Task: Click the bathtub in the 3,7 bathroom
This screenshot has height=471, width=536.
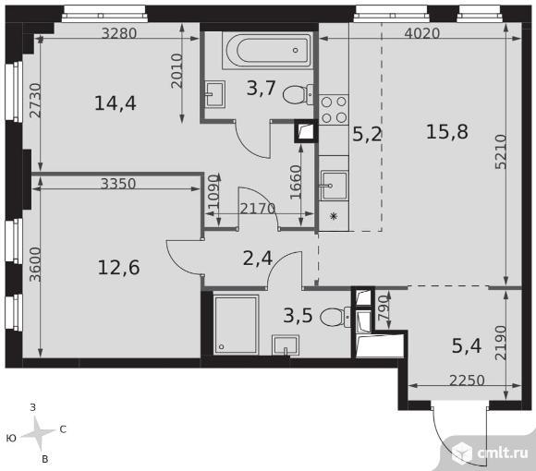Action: (267, 51)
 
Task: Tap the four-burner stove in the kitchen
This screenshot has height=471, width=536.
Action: (334, 110)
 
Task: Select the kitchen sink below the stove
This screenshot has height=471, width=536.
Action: (334, 186)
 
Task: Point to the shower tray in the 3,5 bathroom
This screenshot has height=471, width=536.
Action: (237, 325)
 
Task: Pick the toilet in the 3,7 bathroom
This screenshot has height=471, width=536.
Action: (298, 94)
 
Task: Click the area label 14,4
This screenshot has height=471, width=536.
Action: (116, 103)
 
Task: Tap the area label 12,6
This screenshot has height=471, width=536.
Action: (118, 268)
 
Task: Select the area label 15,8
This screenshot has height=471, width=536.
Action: (446, 132)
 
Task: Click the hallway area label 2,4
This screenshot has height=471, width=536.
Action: (258, 259)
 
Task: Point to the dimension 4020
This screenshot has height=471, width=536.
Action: (421, 33)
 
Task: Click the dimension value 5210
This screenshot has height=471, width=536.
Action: (500, 151)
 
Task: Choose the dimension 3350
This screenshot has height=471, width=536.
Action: (118, 184)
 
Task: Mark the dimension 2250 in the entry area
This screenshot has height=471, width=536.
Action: (467, 380)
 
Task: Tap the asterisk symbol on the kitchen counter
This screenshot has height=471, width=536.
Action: (334, 216)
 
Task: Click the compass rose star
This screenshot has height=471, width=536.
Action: (39, 433)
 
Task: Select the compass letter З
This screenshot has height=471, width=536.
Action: (33, 407)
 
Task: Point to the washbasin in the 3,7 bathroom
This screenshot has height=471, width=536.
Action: (215, 94)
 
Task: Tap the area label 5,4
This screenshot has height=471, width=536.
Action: (467, 345)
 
